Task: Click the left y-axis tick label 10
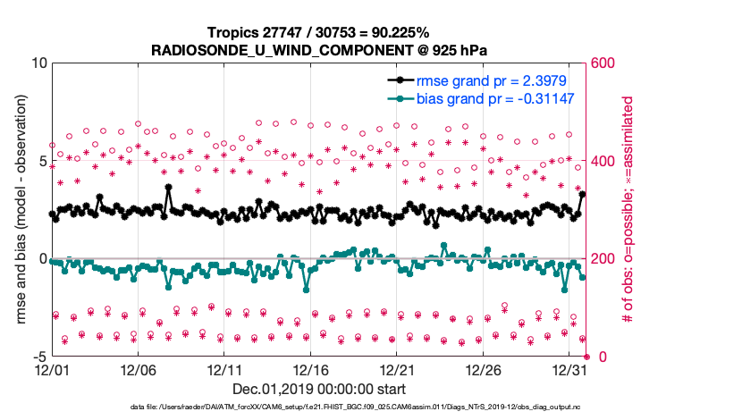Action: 38,63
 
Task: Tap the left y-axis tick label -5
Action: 38,357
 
